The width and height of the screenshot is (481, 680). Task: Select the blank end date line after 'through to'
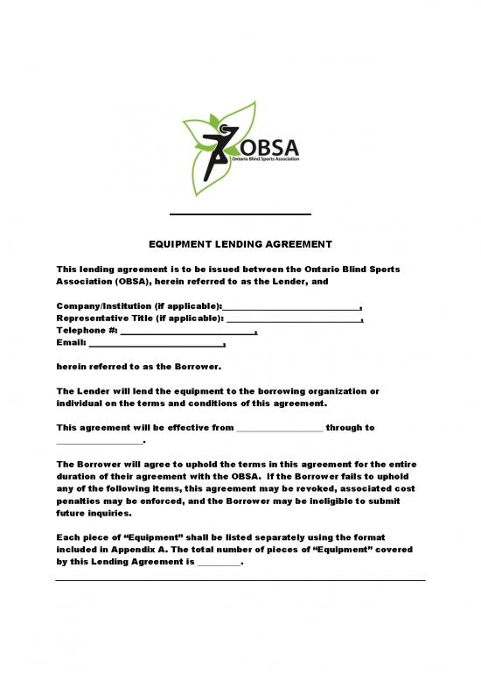[x=98, y=441]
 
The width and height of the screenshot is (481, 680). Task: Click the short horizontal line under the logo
[x=240, y=214]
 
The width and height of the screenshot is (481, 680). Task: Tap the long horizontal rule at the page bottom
[x=240, y=580]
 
